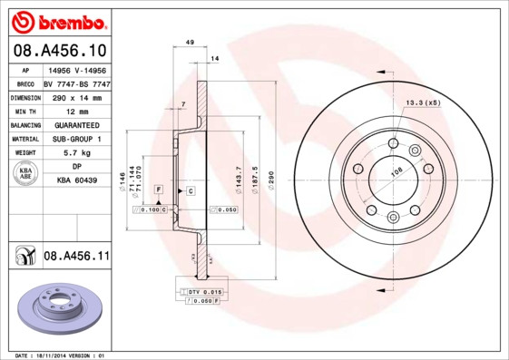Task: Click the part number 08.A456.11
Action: click(x=76, y=257)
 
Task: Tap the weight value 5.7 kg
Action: click(x=76, y=153)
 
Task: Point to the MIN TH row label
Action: click(x=26, y=110)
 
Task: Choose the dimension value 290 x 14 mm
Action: click(x=76, y=96)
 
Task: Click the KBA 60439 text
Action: click(x=76, y=180)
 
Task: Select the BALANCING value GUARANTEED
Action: click(x=76, y=124)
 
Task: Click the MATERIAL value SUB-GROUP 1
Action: click(x=76, y=139)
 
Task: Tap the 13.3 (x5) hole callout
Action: click(x=423, y=102)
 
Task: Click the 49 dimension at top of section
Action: click(x=190, y=43)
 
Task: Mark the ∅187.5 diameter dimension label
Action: click(x=255, y=173)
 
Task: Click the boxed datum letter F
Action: click(x=159, y=189)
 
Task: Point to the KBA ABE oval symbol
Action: click(x=26, y=174)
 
